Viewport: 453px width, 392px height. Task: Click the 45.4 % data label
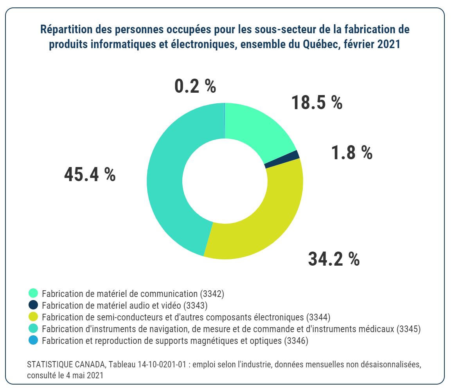(x=90, y=175)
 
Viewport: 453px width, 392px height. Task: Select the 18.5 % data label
(x=317, y=102)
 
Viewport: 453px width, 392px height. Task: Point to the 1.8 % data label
(x=352, y=152)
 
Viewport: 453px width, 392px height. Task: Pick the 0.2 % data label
(x=195, y=86)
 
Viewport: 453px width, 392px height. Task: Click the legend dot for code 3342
(x=33, y=293)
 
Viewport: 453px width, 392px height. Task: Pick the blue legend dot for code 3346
(x=33, y=340)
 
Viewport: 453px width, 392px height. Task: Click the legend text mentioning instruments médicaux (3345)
(x=231, y=329)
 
